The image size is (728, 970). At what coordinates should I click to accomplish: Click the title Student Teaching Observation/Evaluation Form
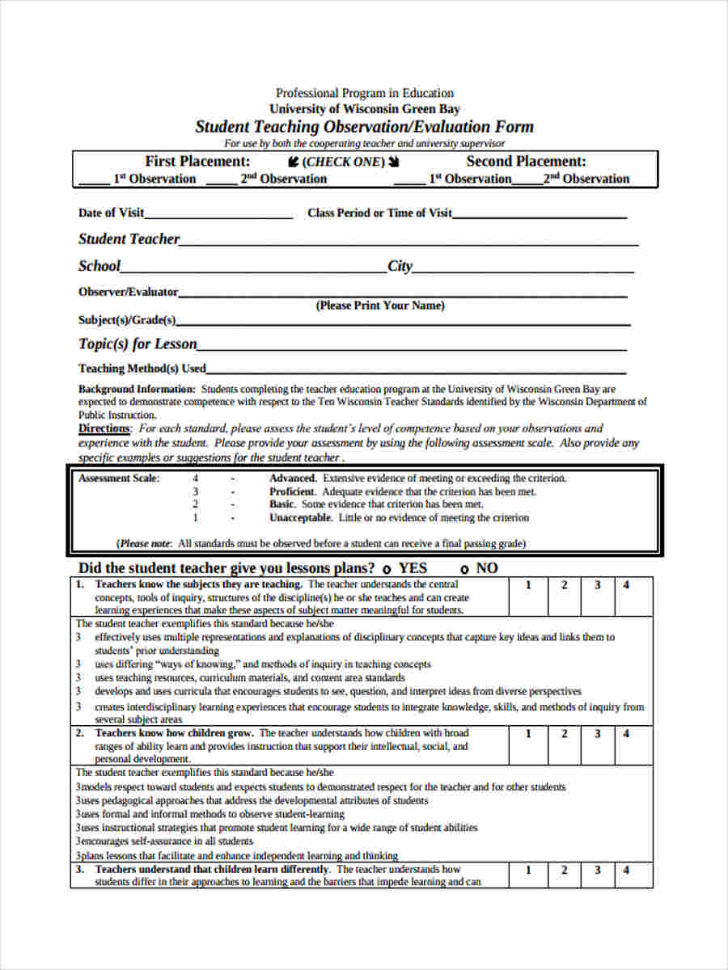pos(364,127)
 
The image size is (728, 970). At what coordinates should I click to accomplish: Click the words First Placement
pos(197,161)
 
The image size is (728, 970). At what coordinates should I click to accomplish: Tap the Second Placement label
pos(526,161)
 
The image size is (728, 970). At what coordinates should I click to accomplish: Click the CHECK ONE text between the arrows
pos(344,162)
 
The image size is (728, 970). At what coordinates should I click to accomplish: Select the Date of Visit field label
pos(111,213)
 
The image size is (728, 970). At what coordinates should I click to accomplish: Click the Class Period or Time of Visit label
pos(379,213)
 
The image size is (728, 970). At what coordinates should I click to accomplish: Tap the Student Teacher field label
pos(129,238)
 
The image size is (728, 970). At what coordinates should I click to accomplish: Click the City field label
pos(400,266)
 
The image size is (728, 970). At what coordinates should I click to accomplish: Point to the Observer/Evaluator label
pos(128,292)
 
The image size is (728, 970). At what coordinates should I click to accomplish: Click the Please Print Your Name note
pos(379,306)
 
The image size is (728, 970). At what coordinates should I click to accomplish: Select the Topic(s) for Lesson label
pos(138,344)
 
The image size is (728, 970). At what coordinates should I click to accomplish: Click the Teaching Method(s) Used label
pos(142,369)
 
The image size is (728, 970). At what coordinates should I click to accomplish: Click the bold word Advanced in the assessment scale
pos(293,479)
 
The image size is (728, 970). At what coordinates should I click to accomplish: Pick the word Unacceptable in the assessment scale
pos(300,517)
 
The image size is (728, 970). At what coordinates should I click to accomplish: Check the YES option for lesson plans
pos(387,569)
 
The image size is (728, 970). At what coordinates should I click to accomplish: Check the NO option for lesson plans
pos(465,569)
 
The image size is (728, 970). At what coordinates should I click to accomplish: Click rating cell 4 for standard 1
pos(626,584)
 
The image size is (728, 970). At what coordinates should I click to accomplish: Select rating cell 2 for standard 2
pos(565,734)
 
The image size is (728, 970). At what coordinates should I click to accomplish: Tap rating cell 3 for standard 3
pos(598,871)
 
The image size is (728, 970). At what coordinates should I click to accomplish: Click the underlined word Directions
pos(104,428)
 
